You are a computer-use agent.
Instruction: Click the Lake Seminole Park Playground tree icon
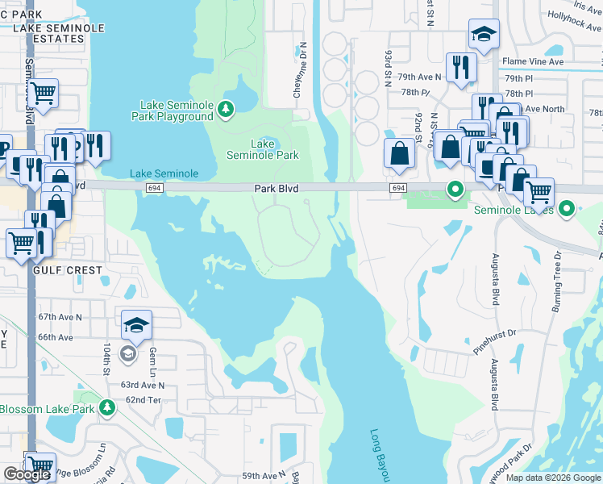tap(227, 108)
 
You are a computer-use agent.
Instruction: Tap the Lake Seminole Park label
tap(263, 149)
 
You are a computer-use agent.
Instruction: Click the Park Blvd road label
tap(277, 188)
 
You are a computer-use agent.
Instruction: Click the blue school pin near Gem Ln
tap(137, 325)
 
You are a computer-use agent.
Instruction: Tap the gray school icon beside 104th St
tap(127, 353)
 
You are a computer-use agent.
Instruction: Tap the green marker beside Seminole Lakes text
tap(567, 210)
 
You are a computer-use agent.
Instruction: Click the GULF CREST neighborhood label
tap(68, 270)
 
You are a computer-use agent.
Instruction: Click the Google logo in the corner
tap(27, 474)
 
